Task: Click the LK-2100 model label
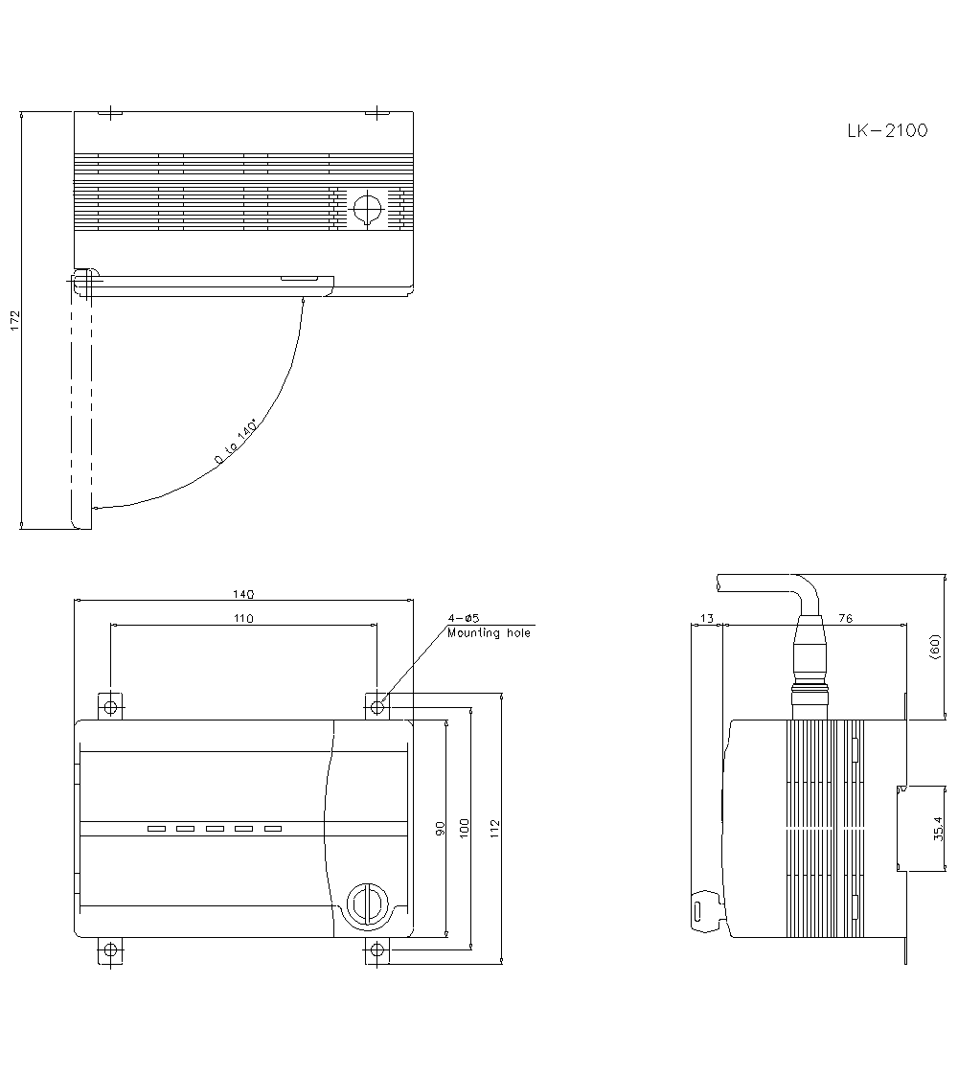click(886, 131)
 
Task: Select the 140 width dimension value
click(243, 594)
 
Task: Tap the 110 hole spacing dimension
click(243, 619)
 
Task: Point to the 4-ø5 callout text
click(463, 619)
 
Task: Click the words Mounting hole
click(488, 633)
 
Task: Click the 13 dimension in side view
click(706, 619)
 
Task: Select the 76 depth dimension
click(845, 619)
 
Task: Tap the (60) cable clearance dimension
click(935, 647)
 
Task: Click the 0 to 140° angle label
click(236, 442)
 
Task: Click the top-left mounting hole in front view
click(111, 708)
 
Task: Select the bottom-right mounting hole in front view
click(377, 950)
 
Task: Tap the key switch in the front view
click(365, 903)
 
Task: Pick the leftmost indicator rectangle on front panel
click(156, 829)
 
